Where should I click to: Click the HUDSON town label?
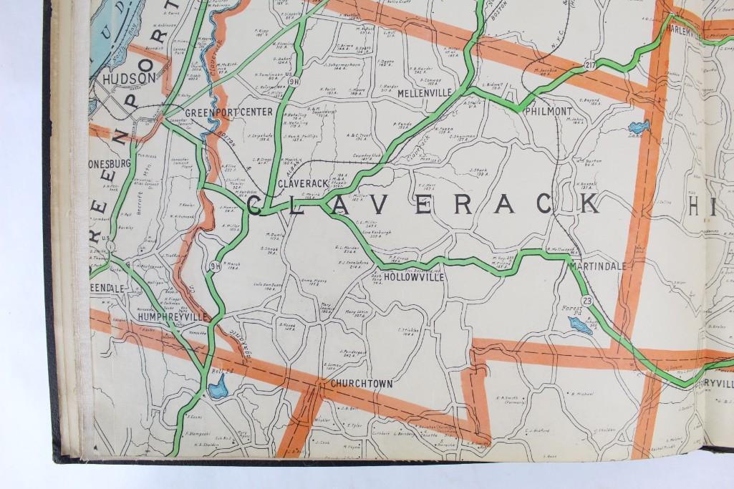click(x=129, y=78)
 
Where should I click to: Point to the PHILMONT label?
click(x=548, y=112)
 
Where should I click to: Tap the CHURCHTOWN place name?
click(x=362, y=384)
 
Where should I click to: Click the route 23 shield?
click(x=588, y=301)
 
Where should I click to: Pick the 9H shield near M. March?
click(x=213, y=266)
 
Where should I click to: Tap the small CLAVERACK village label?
click(x=301, y=183)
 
